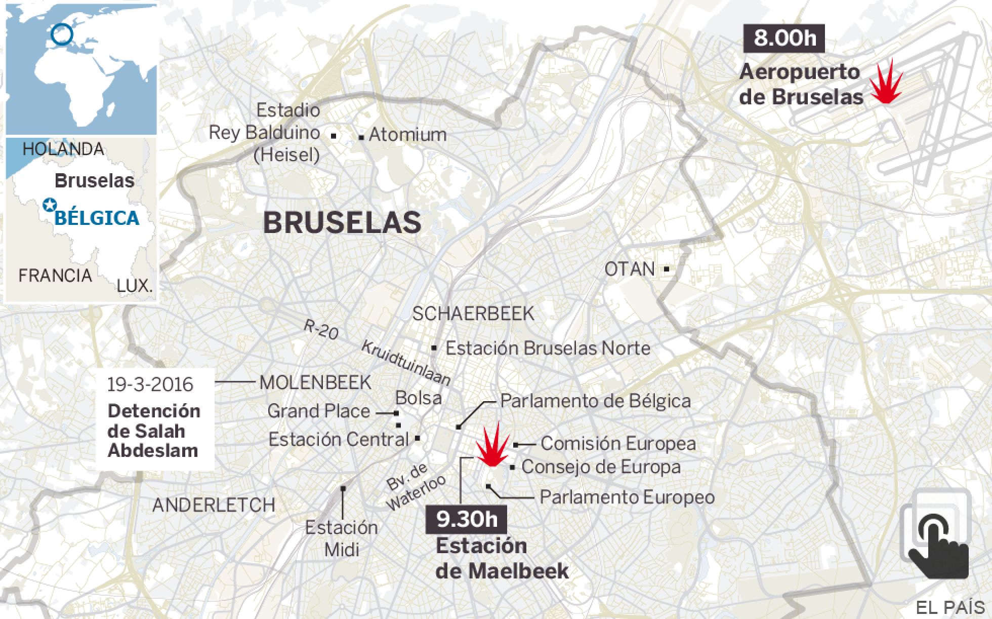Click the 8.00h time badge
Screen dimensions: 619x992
tap(784, 38)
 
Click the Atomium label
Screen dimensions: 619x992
tap(407, 135)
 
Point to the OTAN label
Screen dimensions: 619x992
tap(630, 269)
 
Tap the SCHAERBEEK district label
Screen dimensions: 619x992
tap(473, 314)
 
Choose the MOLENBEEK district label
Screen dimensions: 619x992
tap(315, 382)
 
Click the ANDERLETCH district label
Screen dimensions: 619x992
tap(214, 505)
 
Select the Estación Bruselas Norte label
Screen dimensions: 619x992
tap(548, 349)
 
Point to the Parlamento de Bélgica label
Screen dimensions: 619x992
tap(595, 401)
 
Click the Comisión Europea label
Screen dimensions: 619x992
tap(618, 444)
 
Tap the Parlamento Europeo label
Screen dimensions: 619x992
tap(627, 497)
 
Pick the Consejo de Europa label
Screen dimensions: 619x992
tap(601, 467)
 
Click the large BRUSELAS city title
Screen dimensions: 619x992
tap(342, 222)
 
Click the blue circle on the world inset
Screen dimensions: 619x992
tap(62, 35)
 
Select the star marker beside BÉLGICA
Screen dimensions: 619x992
tap(49, 205)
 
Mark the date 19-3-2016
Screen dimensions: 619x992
tap(150, 384)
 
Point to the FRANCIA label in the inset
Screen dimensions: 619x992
tap(55, 276)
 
